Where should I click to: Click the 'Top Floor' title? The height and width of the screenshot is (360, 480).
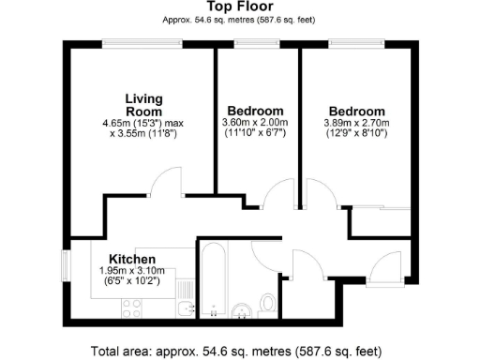239,7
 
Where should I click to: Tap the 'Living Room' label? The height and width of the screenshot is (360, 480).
146,104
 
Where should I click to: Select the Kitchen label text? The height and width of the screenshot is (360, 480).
131,259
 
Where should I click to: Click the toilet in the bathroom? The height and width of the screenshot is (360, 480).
267,303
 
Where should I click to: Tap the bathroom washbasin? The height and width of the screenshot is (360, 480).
242,307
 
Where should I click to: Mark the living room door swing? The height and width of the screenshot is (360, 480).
168,182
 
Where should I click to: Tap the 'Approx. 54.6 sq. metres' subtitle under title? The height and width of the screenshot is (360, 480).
239,20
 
